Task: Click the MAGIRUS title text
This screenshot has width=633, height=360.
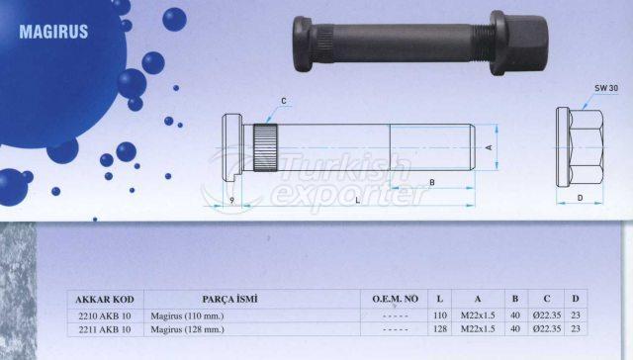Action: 53,32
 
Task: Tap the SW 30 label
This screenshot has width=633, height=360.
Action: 606,88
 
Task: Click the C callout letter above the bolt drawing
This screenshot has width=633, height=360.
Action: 284,101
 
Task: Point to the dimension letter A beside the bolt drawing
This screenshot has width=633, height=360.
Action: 489,147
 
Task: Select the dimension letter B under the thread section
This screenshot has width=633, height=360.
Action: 432,182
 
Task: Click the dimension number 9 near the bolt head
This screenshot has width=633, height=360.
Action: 231,200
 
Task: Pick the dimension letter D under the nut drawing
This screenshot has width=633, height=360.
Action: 581,198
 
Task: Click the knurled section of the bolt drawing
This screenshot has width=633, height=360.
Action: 265,147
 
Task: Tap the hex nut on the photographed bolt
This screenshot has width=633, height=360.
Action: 519,44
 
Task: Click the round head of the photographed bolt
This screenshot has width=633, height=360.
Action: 303,45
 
